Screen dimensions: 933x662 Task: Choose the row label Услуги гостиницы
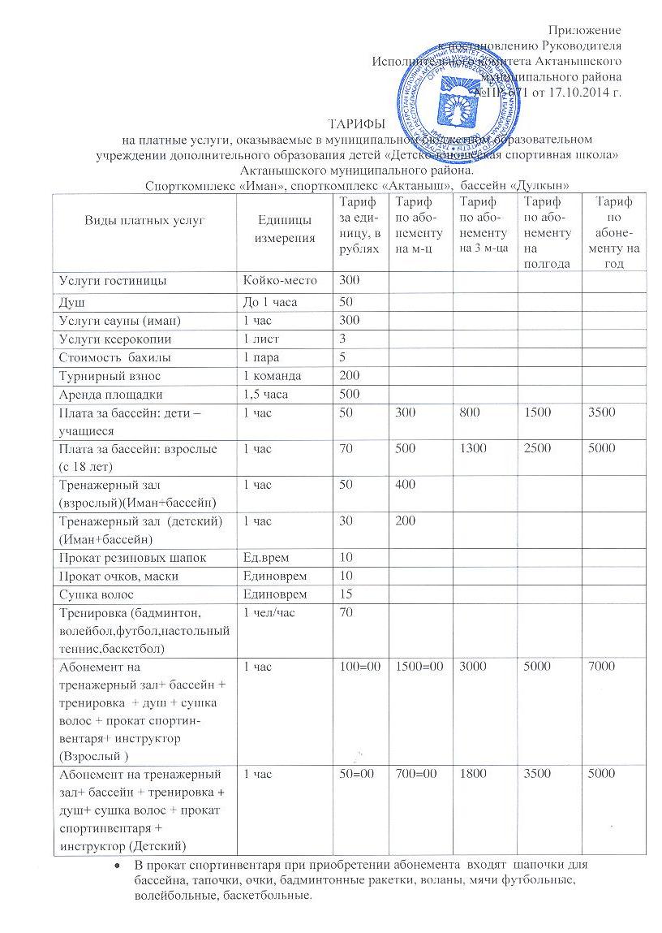click(x=113, y=280)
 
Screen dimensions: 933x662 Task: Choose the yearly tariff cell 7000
click(x=603, y=667)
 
